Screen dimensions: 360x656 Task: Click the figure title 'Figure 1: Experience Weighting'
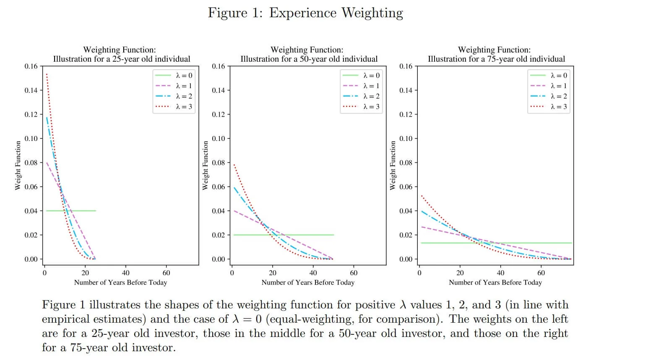coord(305,13)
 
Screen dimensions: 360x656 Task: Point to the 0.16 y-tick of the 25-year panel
coord(31,66)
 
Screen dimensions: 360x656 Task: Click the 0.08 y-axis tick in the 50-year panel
coord(219,163)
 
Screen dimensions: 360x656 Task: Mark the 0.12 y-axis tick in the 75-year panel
coord(406,115)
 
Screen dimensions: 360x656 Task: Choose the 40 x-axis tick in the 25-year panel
coord(126,273)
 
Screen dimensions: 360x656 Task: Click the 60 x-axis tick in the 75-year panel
coord(541,273)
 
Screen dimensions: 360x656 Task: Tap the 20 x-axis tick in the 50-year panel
coord(273,273)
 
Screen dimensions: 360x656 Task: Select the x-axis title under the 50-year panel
coord(308,282)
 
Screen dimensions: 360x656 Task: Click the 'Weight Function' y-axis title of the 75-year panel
coord(393,165)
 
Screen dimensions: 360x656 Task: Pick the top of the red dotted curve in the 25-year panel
coord(47,75)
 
